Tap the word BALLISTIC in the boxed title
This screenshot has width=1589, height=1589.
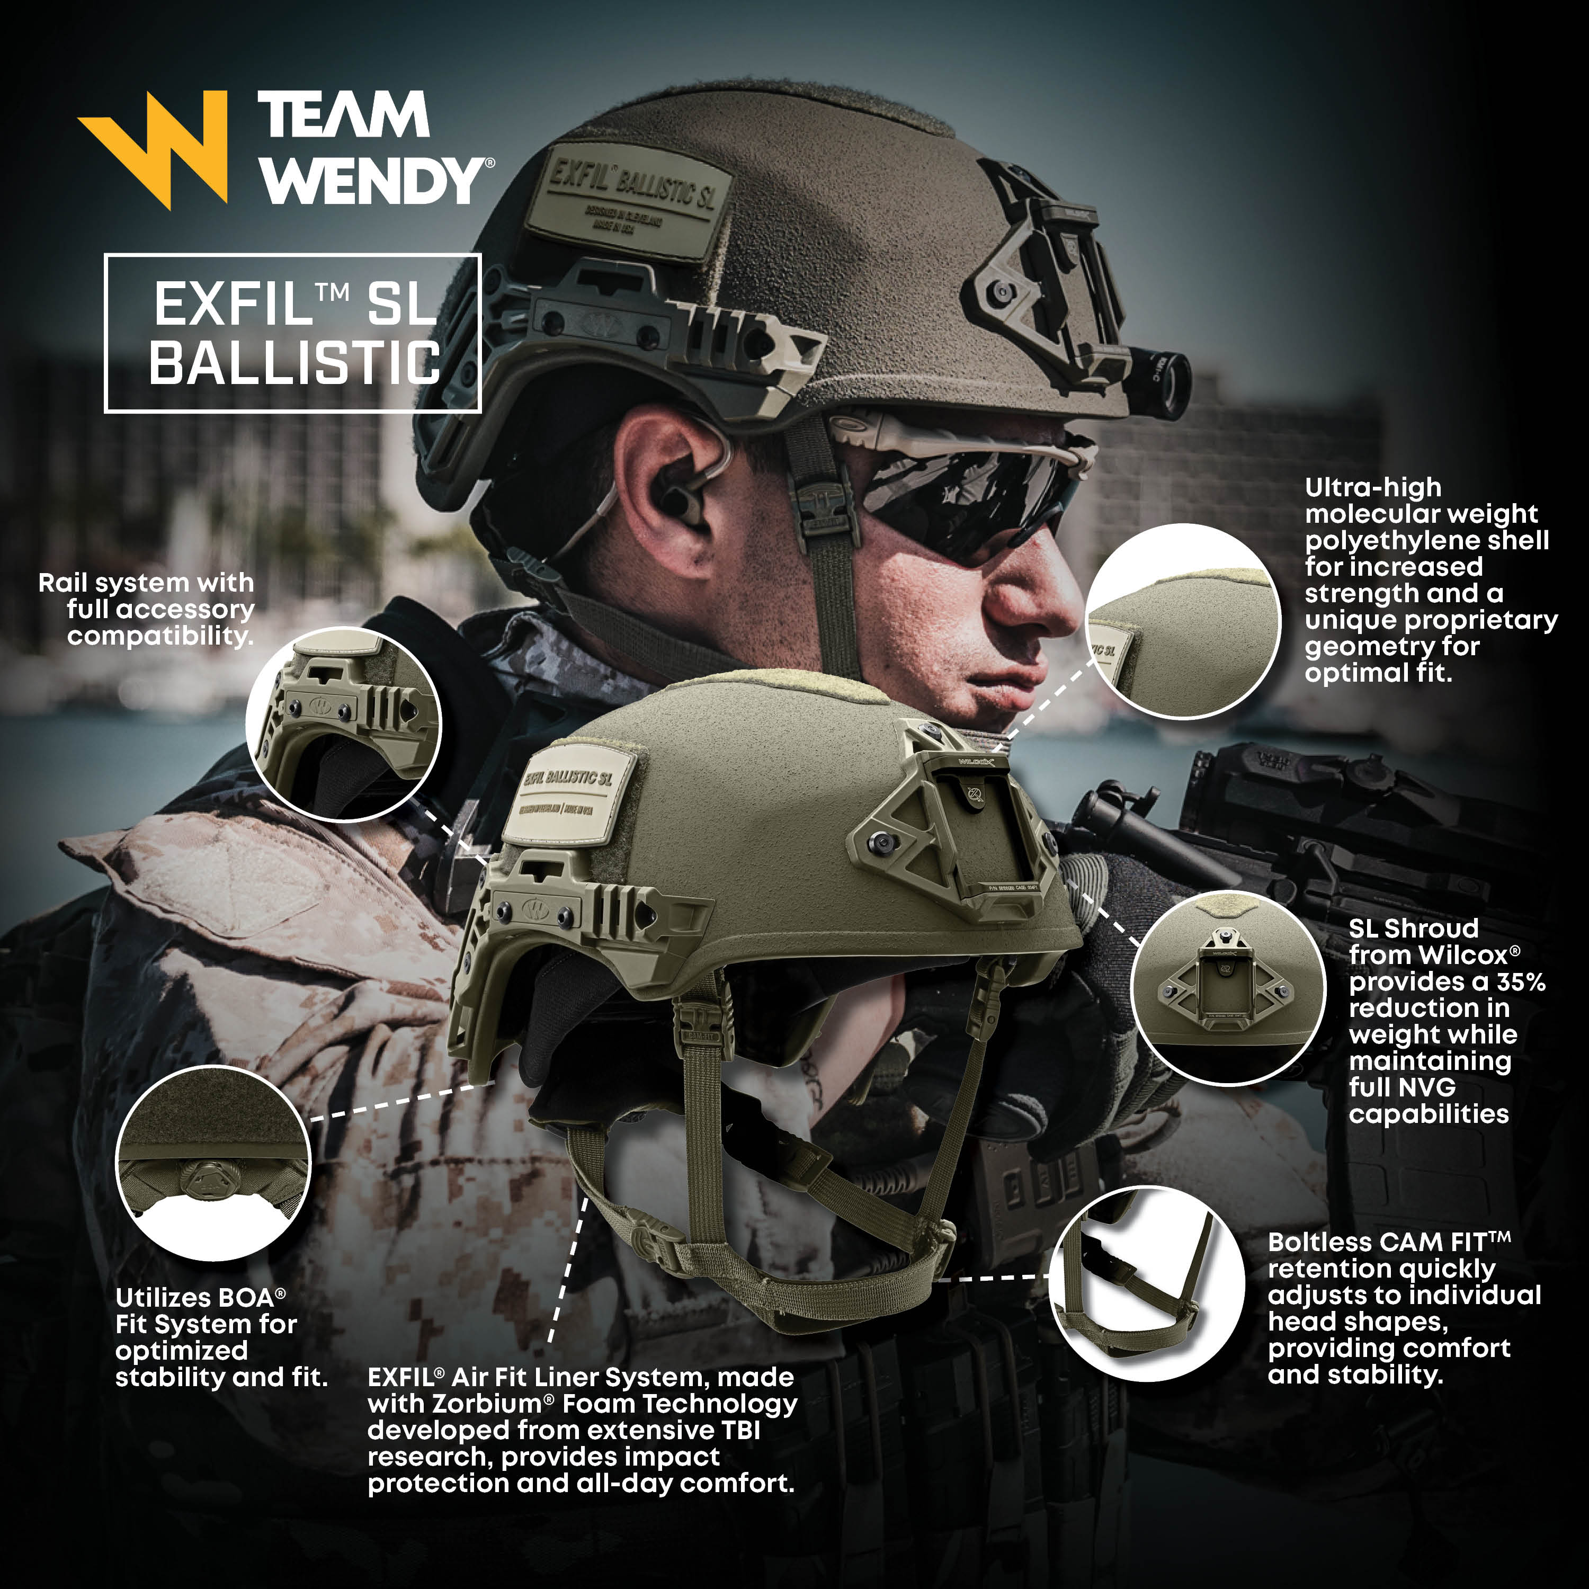point(294,363)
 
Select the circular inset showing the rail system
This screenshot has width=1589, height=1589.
point(344,724)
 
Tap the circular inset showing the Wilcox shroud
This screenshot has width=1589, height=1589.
point(1228,986)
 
